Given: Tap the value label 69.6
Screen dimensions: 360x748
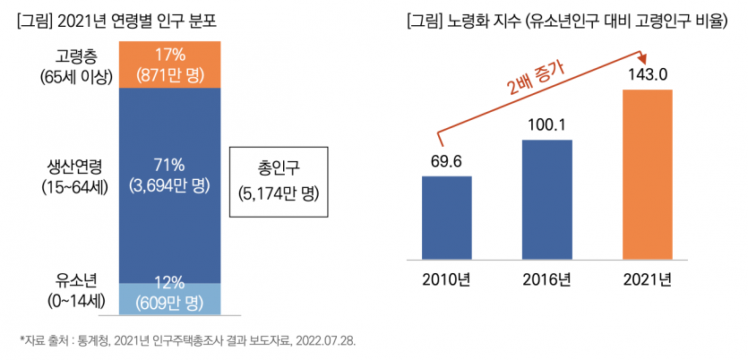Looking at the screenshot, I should click(x=446, y=161).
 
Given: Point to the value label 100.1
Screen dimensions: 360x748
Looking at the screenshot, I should click(x=546, y=125).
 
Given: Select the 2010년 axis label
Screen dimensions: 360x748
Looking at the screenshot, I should click(x=446, y=278).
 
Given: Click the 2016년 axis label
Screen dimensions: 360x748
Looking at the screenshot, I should click(x=546, y=278).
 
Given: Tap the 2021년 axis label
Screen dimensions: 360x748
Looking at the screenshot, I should click(x=647, y=278).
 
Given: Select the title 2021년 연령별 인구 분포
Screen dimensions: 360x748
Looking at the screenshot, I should click(x=119, y=20).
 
